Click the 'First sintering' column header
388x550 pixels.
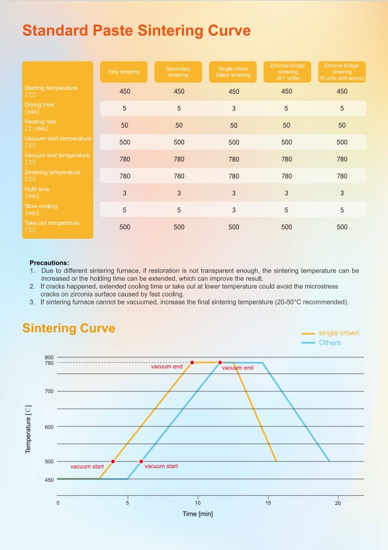pos(124,72)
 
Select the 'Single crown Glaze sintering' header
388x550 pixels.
pos(233,72)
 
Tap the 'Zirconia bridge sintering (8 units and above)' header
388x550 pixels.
pos(342,72)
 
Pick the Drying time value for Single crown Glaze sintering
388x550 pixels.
pos(234,109)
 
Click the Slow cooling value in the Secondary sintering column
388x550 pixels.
pos(179,210)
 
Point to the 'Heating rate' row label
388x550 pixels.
pos(40,125)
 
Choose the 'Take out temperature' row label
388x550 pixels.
pos(52,226)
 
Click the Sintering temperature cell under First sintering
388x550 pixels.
pos(125,176)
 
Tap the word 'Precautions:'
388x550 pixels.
pos(49,263)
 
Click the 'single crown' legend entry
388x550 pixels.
pos(330,333)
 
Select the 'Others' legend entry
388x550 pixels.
pos(321,343)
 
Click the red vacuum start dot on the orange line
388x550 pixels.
pos(113,461)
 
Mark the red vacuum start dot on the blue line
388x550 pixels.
pos(142,461)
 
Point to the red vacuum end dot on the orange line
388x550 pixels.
pos(192,363)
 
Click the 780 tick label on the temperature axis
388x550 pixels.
pos(49,363)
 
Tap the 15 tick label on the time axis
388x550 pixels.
pos(268,503)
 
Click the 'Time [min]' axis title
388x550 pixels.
pos(197,514)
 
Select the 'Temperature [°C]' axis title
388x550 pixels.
pos(28,430)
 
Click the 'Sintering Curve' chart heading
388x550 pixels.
pos(69,328)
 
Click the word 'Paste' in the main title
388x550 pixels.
pos(113,30)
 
